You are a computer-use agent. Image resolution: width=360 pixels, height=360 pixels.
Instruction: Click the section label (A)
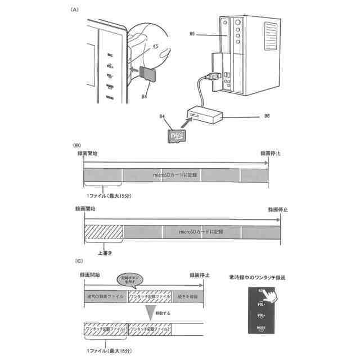click(x=74, y=10)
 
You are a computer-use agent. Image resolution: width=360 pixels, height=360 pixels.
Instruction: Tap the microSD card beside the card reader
click(x=177, y=136)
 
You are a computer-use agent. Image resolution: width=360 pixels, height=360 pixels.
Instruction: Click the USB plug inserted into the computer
click(x=216, y=75)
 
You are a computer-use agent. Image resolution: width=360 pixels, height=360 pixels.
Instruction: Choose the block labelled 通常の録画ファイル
click(x=106, y=296)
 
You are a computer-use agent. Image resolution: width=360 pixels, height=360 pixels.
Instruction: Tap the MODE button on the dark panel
click(x=260, y=327)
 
